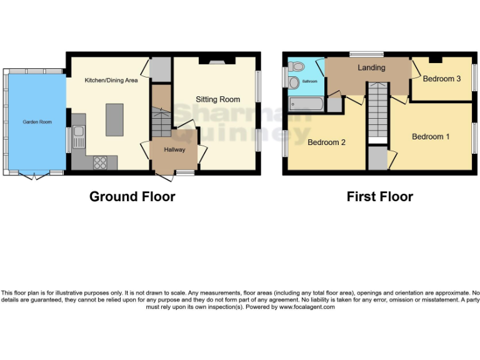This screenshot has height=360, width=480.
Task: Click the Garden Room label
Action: pos(37,122)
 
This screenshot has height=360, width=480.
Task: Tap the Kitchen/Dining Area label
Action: pos(111,80)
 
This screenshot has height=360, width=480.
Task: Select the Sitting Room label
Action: pos(217,99)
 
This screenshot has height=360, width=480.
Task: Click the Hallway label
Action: pos(174,149)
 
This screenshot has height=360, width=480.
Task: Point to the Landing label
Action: pos(371,67)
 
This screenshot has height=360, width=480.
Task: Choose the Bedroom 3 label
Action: pos(441,79)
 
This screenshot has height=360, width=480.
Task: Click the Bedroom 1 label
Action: pos(431,136)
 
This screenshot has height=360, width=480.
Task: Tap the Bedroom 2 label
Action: pos(326,142)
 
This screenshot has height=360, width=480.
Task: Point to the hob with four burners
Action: pos(100,162)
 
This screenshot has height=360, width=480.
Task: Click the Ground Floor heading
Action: pos(132,196)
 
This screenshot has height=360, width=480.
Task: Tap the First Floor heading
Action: pos(379,196)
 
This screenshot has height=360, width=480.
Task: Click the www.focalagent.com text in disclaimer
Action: pos(307,307)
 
